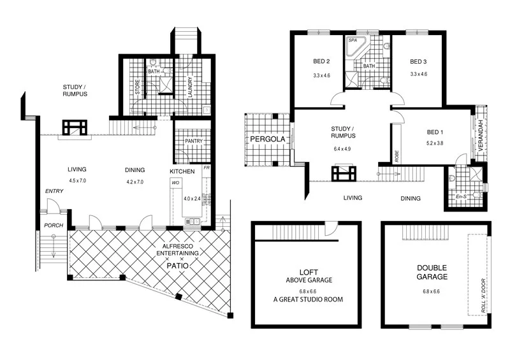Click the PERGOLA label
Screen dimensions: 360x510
[x=266, y=138]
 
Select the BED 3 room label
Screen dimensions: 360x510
[x=418, y=62]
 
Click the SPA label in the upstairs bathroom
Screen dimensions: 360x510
[x=352, y=40]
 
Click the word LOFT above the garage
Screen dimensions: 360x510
[x=307, y=270]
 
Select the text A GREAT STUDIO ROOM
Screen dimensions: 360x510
[x=307, y=299]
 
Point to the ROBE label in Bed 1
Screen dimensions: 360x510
[x=397, y=155]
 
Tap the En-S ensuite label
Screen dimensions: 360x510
[x=462, y=197]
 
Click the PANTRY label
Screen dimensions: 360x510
[x=193, y=141]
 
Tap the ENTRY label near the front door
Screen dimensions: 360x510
[x=52, y=191]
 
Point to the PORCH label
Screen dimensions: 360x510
[x=52, y=226]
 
